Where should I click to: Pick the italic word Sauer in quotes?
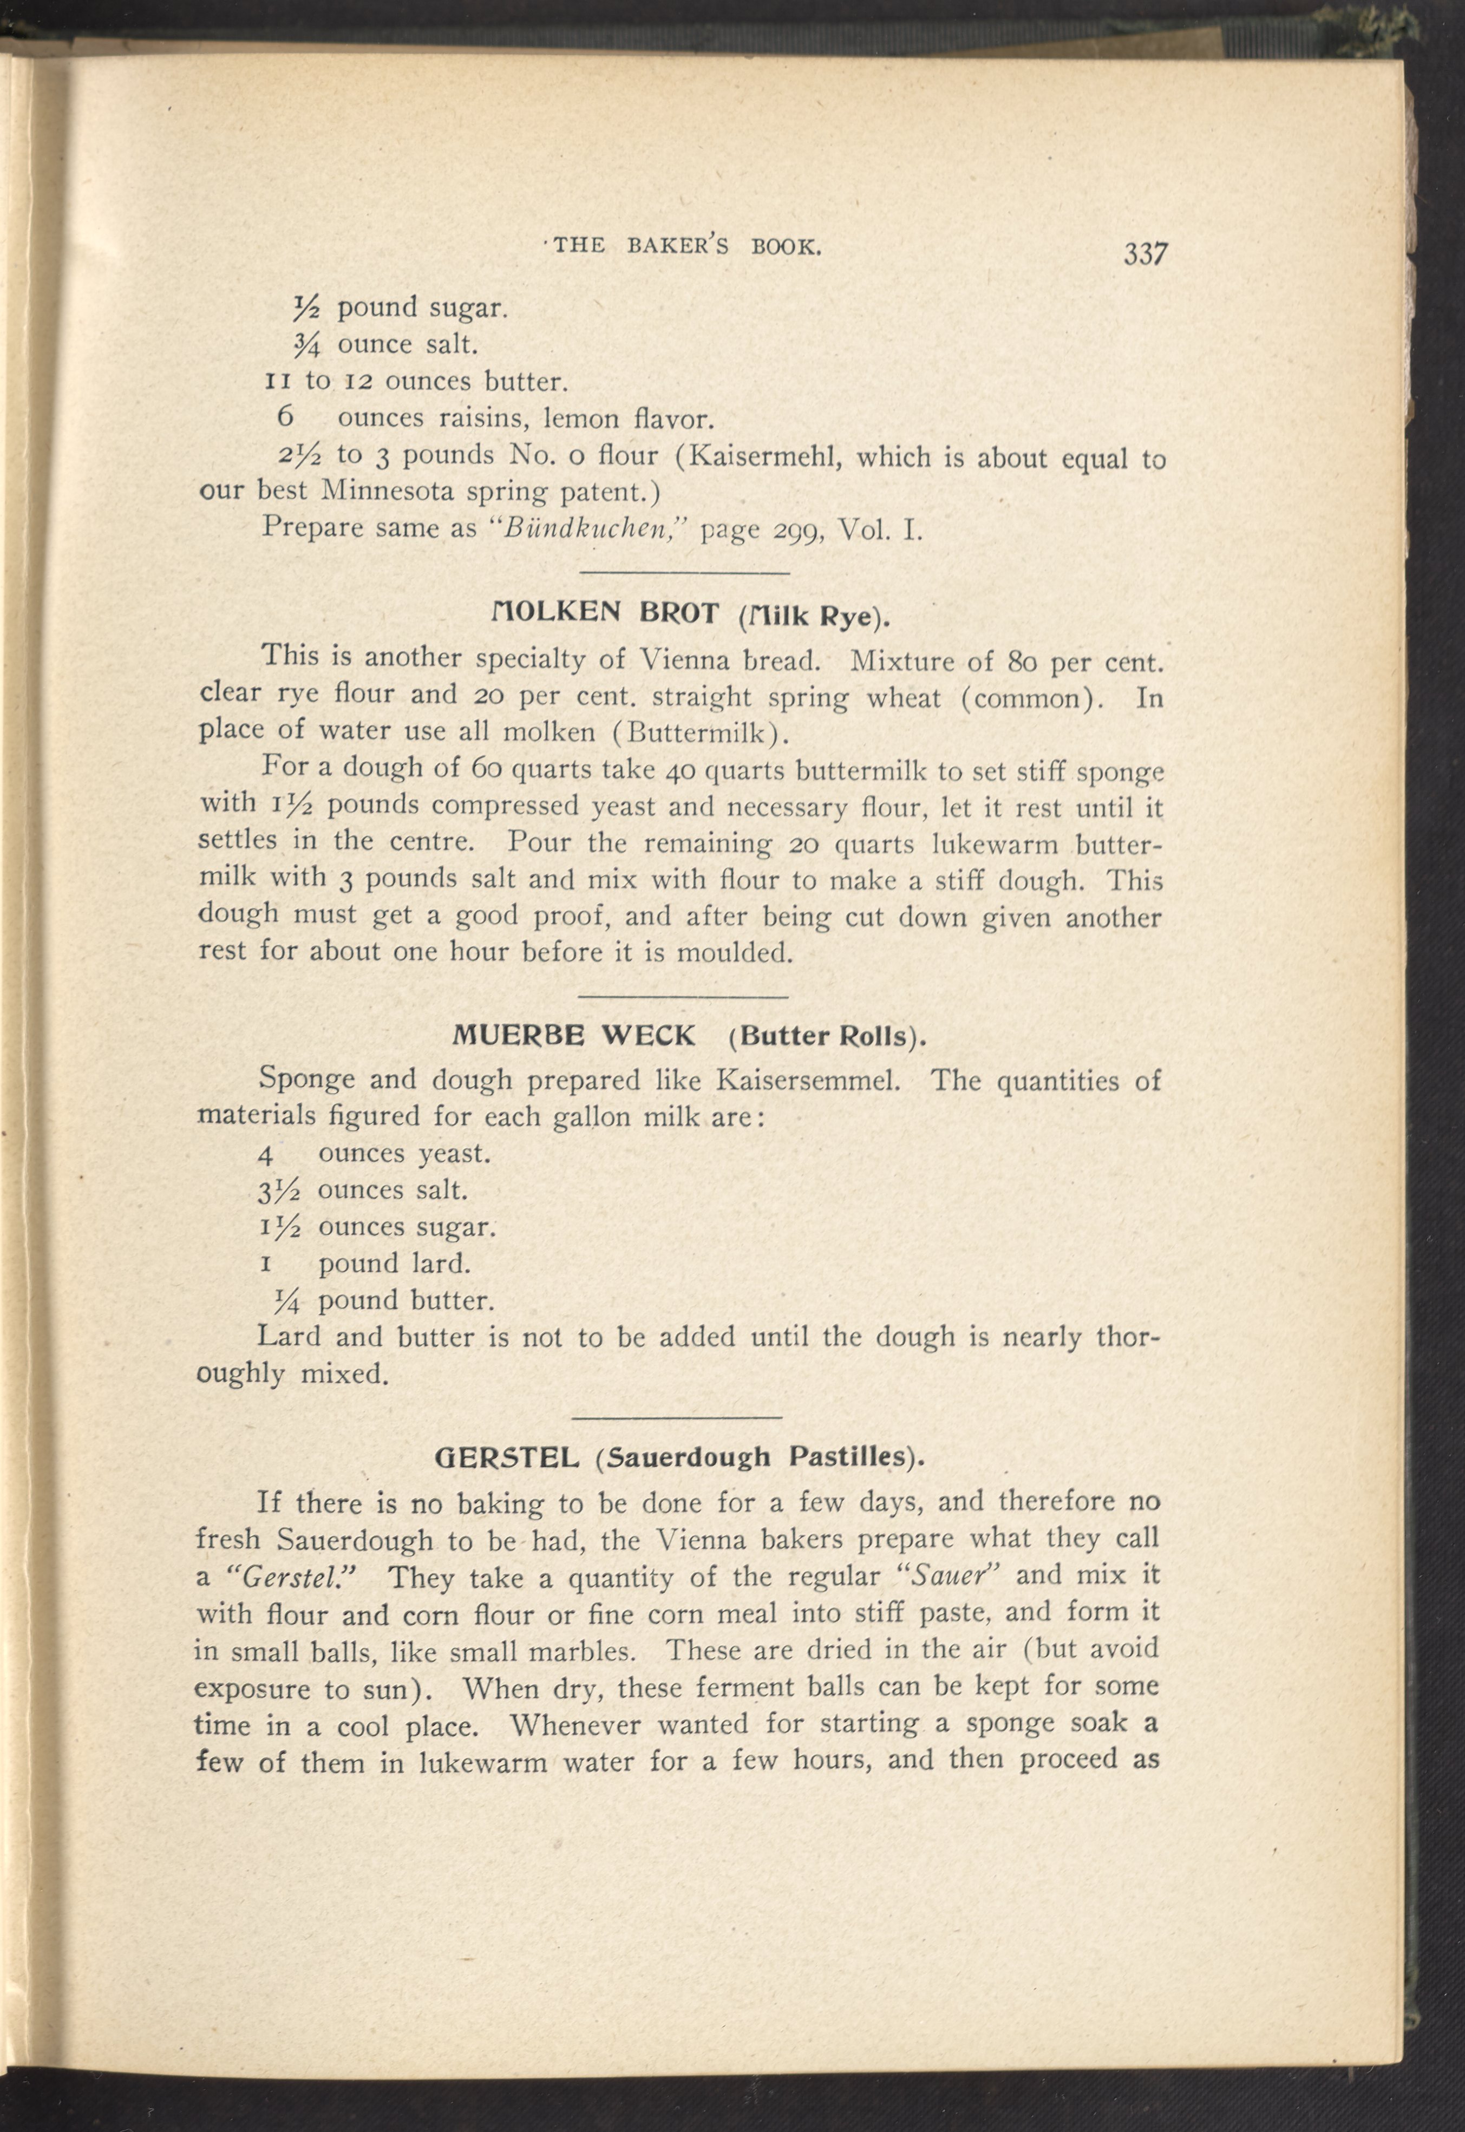coord(948,1577)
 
